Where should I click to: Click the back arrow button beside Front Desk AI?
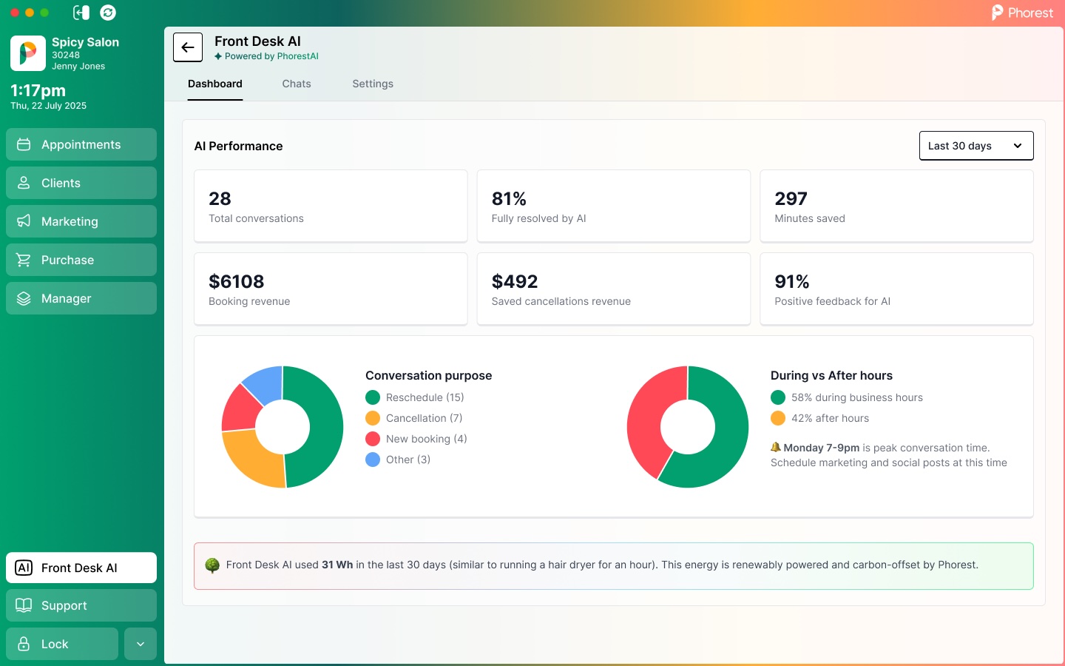coord(188,47)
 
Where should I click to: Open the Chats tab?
coord(296,84)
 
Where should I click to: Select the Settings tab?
coord(373,84)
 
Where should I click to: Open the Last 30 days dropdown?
coord(976,146)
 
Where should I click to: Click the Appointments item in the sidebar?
coord(81,144)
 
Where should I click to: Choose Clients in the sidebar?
coord(81,183)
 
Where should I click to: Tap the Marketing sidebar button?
coord(81,221)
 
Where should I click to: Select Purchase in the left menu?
coord(81,260)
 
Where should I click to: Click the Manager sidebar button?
coord(81,298)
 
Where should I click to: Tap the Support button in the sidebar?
coord(81,605)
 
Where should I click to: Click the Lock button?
coord(62,644)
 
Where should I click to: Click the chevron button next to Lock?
coord(141,644)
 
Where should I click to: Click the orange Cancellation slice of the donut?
coord(251,460)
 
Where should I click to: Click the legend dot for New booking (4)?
coord(373,439)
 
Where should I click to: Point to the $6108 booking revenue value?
coord(237,282)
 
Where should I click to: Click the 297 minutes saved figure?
coord(791,199)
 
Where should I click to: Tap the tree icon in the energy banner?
coord(212,565)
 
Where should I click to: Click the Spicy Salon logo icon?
coord(28,53)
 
